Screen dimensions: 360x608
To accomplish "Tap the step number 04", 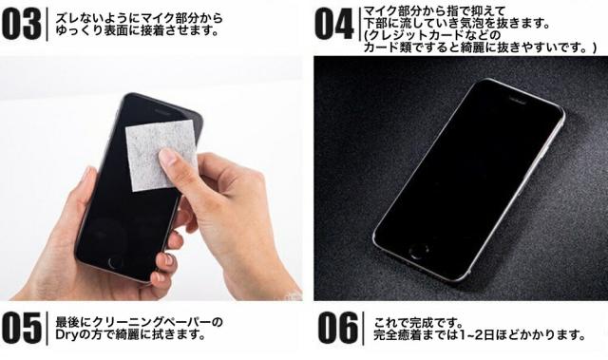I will pos(333,25).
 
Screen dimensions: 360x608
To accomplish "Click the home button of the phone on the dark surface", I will pos(418,253).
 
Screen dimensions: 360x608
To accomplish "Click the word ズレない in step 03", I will pos(79,16).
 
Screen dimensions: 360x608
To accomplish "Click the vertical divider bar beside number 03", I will pos(47,24).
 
